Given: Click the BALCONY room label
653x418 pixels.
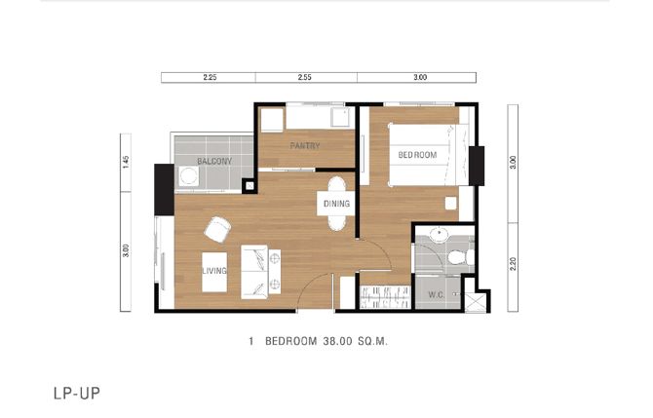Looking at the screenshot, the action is click(x=214, y=161).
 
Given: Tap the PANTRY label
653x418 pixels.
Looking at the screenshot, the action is click(x=305, y=146).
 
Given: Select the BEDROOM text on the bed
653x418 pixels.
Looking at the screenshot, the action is click(x=417, y=155).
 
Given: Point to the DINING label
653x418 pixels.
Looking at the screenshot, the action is click(x=336, y=204).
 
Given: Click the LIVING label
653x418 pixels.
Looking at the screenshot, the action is click(x=214, y=271).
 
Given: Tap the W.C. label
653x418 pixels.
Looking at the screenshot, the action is click(x=437, y=295).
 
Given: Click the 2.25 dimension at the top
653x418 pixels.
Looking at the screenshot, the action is click(x=210, y=77).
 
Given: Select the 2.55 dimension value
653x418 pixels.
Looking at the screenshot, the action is click(x=304, y=77).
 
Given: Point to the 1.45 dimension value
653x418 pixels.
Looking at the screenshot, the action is click(x=126, y=162).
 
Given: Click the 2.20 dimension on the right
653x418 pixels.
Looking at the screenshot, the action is click(x=513, y=263).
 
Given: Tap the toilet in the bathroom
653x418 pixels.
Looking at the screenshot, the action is click(x=461, y=257).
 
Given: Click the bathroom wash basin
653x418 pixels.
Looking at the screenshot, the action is click(x=439, y=235).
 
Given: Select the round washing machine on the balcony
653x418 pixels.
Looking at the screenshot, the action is click(x=189, y=176).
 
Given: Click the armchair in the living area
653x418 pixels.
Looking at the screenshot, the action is click(x=217, y=230).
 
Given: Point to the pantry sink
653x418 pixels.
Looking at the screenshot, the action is click(x=341, y=117).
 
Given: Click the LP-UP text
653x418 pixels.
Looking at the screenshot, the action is click(x=77, y=394).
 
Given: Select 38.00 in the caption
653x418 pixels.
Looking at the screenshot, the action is click(x=337, y=341).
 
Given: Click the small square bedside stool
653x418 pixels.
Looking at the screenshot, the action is click(x=450, y=204).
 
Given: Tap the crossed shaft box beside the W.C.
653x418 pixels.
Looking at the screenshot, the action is click(x=476, y=303).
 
